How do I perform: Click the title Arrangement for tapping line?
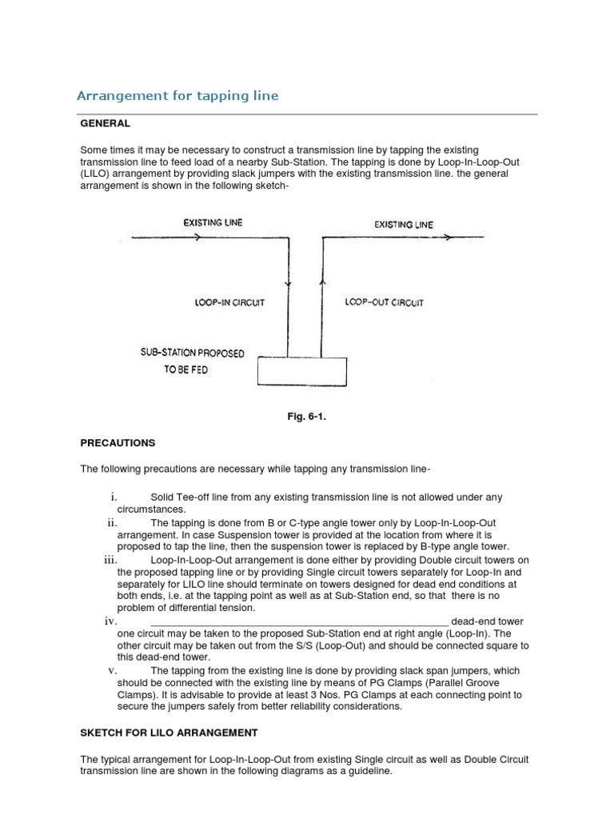coord(177,96)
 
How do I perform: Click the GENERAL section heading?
coord(105,124)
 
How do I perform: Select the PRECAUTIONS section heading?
coord(118,442)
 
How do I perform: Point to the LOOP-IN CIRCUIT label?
coord(229,303)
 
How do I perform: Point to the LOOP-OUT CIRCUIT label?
coord(384,303)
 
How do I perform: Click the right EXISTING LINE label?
coord(404,225)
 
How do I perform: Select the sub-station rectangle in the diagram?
coord(302,371)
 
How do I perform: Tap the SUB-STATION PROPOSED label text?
coord(192,353)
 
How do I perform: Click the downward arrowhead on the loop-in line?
coord(288,282)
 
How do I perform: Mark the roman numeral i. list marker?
coord(114,497)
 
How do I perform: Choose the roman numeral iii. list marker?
coord(111,561)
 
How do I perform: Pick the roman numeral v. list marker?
coord(113,670)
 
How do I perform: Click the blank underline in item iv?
coord(299,622)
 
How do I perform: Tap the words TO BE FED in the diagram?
coord(186,371)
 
